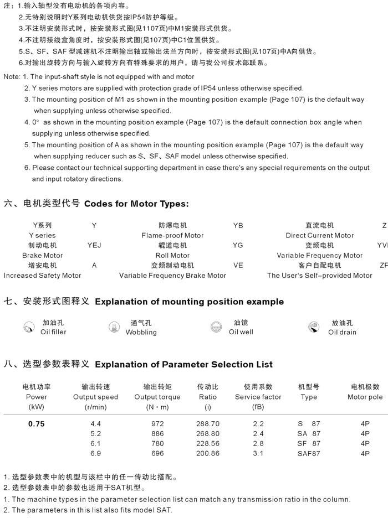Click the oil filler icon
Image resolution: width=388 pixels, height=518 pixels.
[29, 328]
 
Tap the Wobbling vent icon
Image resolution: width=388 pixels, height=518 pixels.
[115, 328]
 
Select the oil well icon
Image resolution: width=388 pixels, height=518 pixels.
[217, 328]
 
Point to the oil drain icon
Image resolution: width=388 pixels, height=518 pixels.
[314, 328]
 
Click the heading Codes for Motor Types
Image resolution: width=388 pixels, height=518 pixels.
[136, 204]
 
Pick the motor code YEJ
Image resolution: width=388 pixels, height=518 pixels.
[94, 245]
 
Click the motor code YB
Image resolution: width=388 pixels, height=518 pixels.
[238, 225]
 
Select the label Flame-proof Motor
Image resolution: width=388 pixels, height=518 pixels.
[172, 235]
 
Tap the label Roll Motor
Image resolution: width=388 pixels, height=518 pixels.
[172, 255]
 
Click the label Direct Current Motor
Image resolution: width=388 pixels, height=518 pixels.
[319, 235]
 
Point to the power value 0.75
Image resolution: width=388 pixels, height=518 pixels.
[37, 424]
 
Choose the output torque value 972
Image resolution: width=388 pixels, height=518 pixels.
[157, 424]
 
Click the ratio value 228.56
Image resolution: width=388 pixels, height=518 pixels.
[208, 444]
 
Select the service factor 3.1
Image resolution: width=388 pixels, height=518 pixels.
[258, 454]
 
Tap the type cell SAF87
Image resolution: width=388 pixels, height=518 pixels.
[309, 454]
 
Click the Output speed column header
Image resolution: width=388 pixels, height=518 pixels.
[95, 397]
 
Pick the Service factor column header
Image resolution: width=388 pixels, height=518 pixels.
[258, 397]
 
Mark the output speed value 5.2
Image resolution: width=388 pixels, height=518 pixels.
[95, 434]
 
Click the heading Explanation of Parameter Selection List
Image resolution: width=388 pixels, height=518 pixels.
[184, 365]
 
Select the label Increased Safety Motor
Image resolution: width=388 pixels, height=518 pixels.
[42, 275]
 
